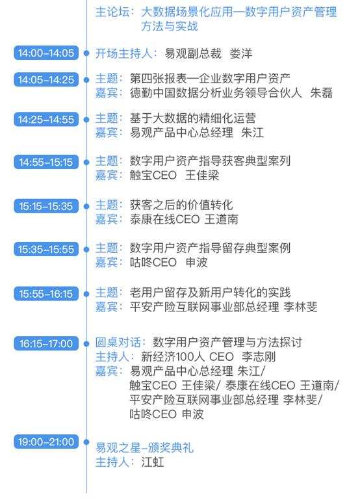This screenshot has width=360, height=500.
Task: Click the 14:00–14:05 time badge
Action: (x=46, y=53)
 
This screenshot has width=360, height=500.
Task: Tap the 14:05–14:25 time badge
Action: (x=46, y=79)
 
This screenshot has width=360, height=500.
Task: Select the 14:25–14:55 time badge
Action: (x=46, y=120)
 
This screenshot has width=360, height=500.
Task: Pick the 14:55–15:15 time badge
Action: (x=46, y=162)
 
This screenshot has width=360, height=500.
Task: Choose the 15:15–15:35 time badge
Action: (x=46, y=206)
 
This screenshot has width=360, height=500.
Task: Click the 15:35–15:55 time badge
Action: (x=46, y=249)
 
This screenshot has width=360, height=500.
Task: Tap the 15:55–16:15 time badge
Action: (x=46, y=294)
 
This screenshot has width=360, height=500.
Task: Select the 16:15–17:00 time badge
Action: (x=46, y=343)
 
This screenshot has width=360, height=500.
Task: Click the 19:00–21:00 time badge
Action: (x=46, y=441)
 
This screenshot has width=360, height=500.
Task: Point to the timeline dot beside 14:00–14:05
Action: (x=86, y=53)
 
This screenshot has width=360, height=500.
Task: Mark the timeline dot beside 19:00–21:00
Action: (x=86, y=442)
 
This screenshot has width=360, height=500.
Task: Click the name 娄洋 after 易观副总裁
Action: (x=241, y=53)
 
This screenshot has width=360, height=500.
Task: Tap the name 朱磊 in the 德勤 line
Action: (x=322, y=93)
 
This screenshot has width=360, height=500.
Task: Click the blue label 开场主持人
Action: (x=123, y=53)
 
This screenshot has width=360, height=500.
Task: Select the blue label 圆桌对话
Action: (x=118, y=343)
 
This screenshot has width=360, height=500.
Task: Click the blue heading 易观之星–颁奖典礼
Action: (x=145, y=448)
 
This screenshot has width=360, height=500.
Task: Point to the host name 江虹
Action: (x=153, y=462)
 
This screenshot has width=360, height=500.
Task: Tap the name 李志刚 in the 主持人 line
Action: (x=259, y=356)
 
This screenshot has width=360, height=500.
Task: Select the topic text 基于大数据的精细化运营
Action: (x=193, y=118)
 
